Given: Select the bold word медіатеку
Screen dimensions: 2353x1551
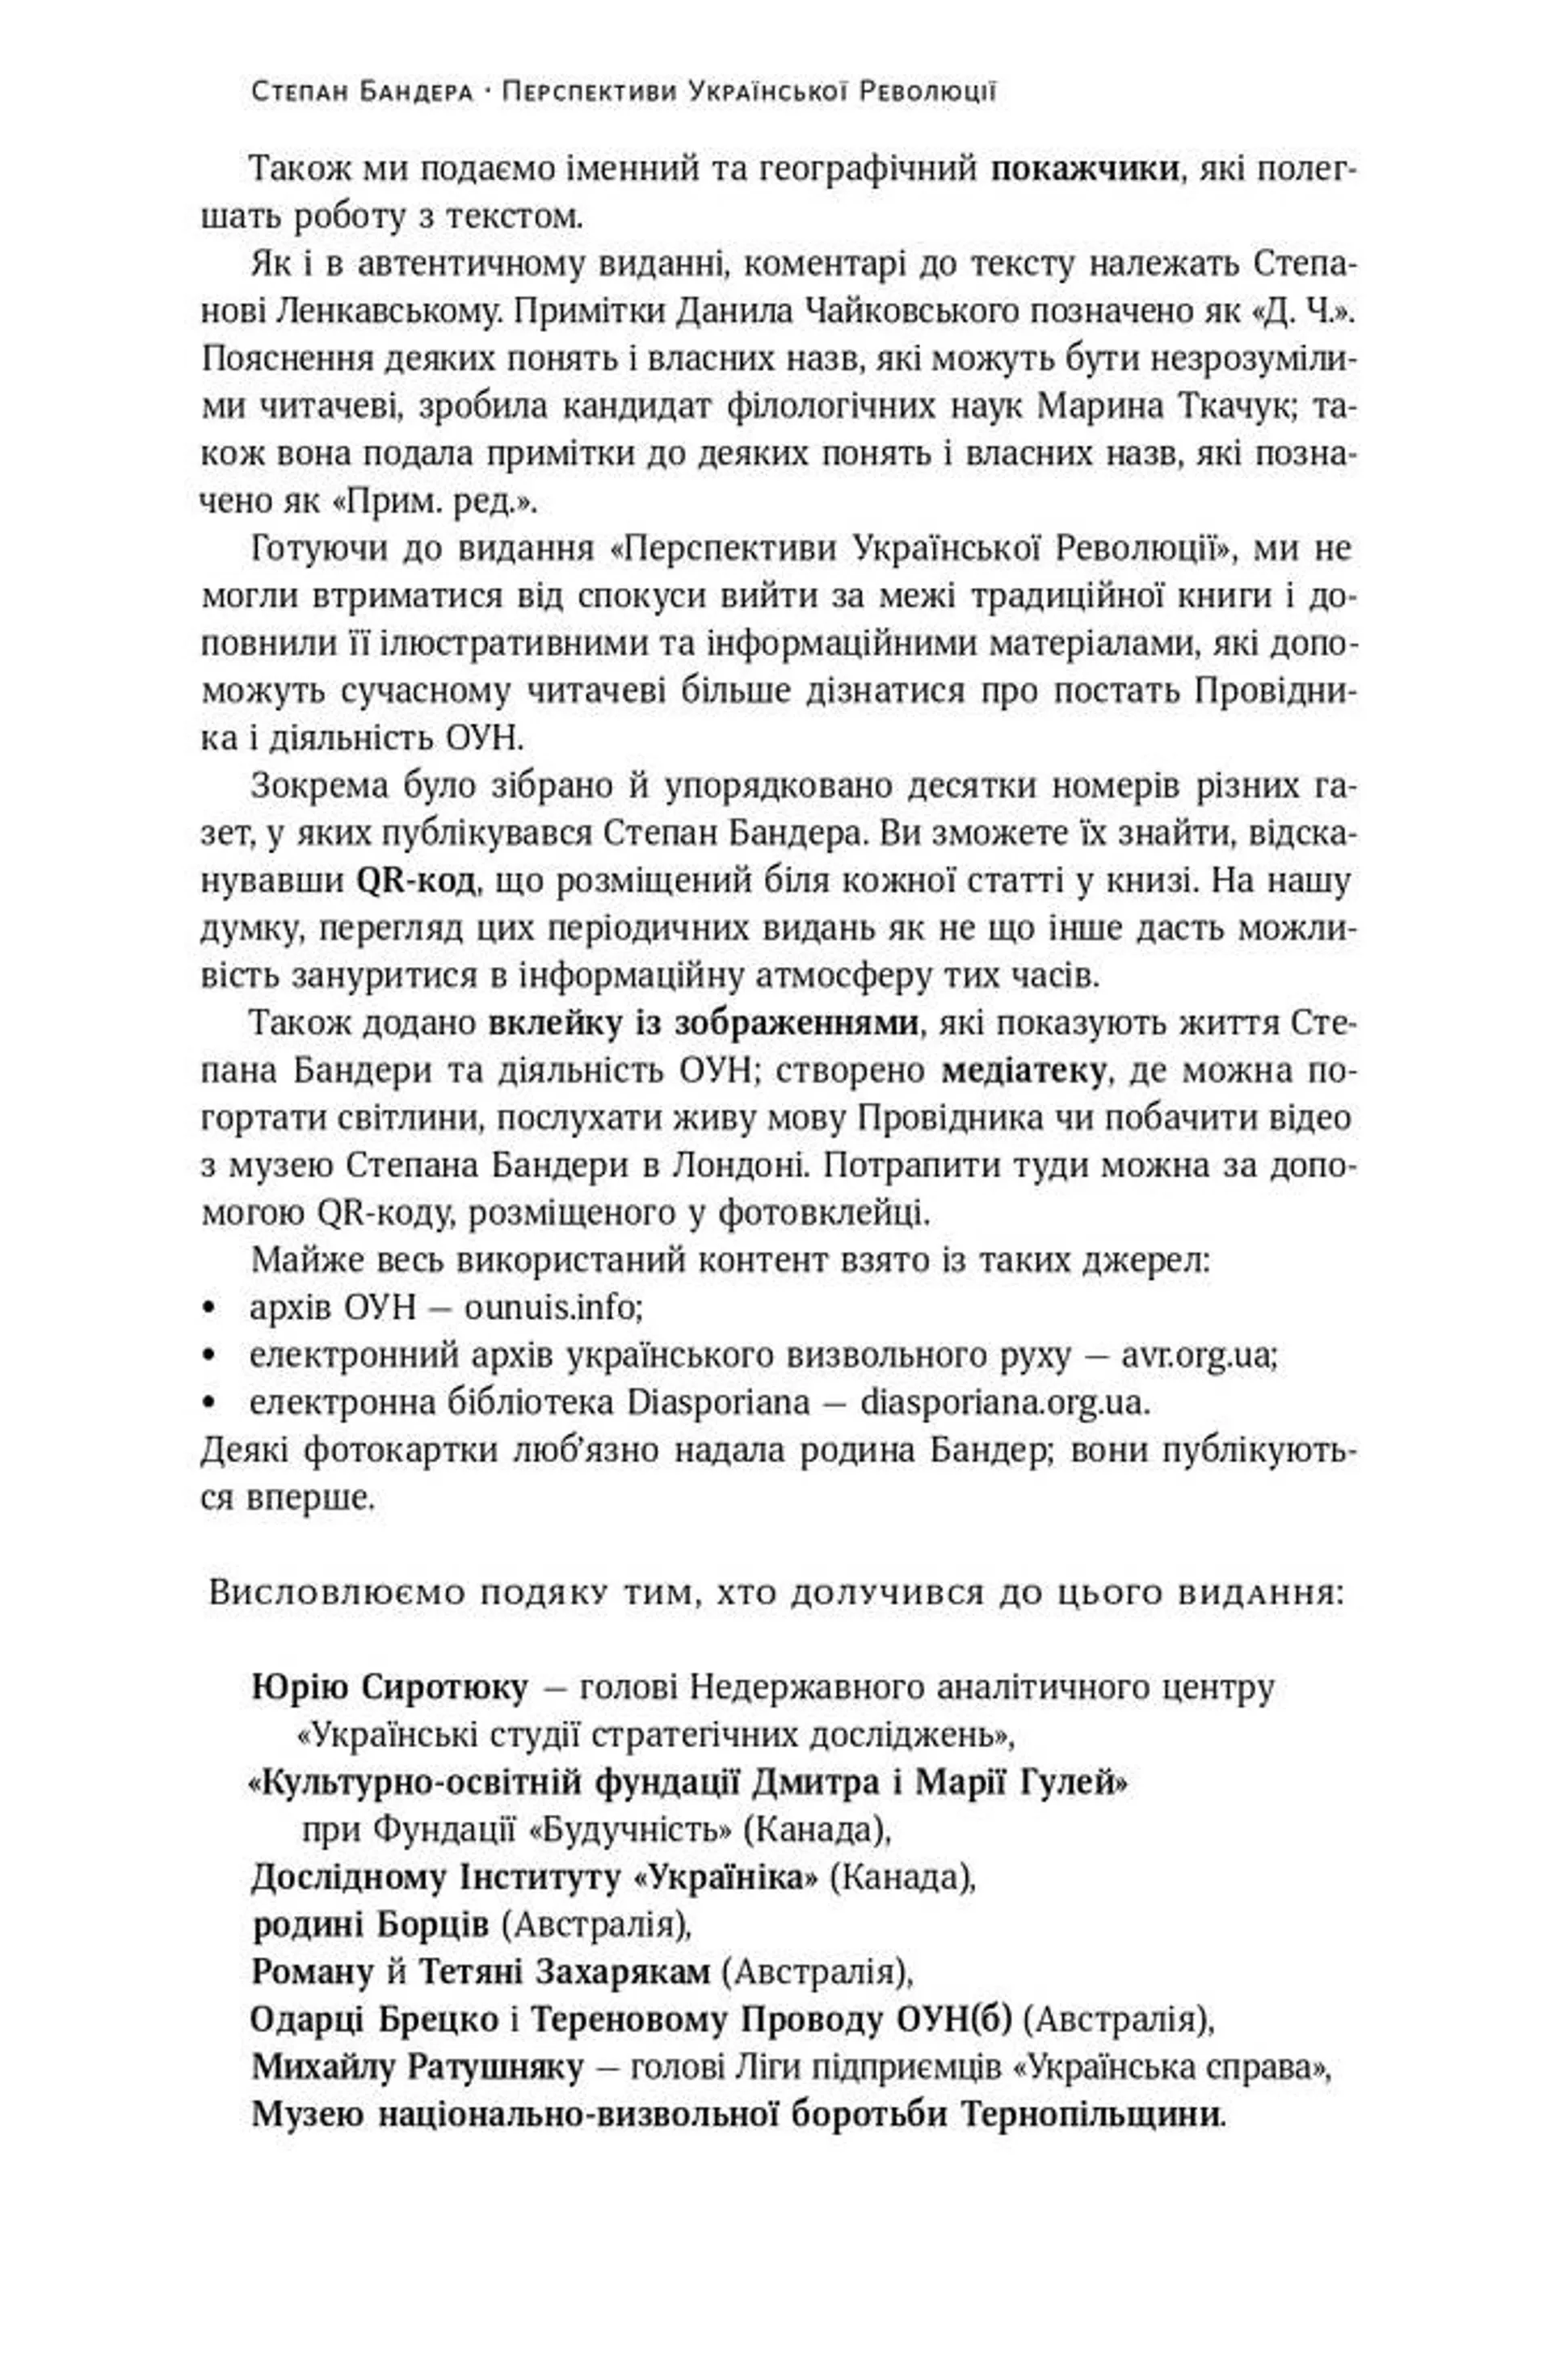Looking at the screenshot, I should point(1023,1071).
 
